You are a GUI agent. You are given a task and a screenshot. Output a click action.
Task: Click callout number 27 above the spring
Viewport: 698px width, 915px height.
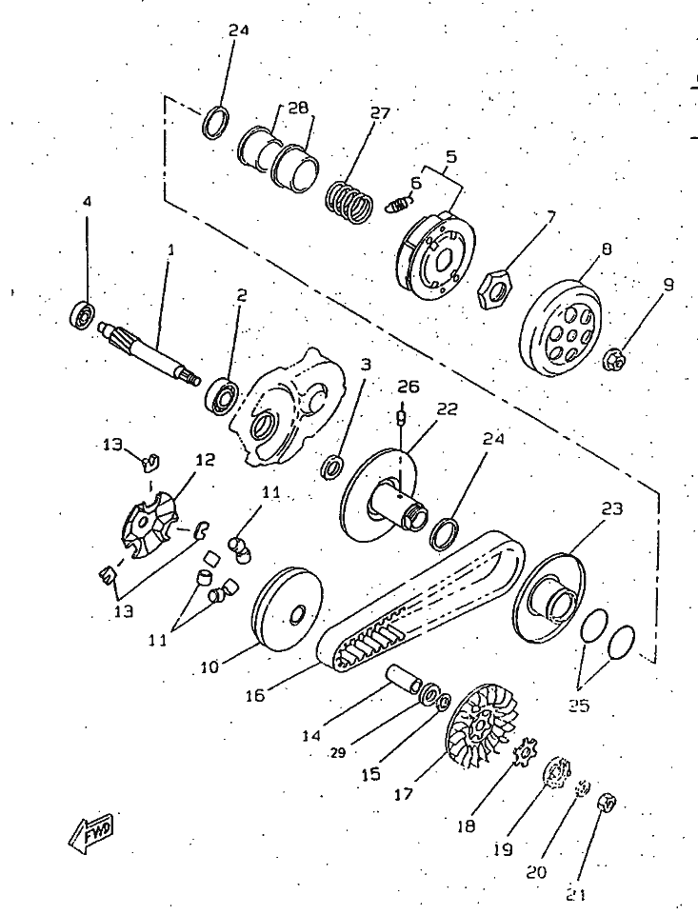pos(380,112)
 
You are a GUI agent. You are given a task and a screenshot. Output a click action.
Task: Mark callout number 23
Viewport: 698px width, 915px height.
pos(611,508)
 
